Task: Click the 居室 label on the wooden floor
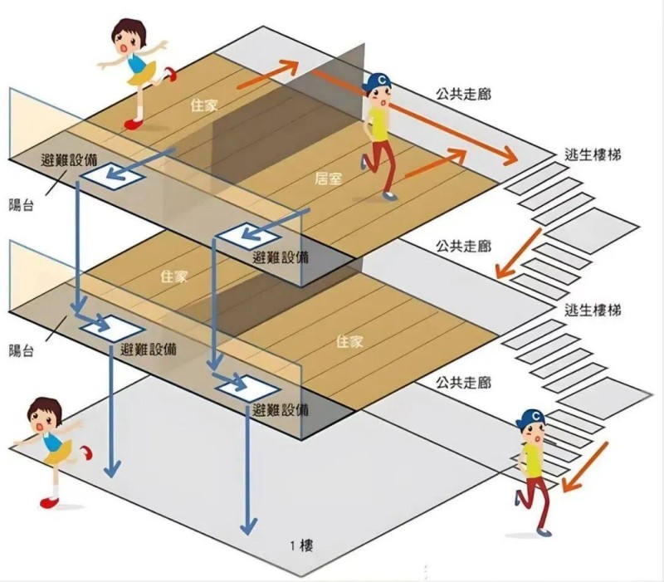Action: click(x=330, y=178)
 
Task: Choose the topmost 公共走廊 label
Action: click(x=462, y=94)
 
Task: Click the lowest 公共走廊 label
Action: click(x=462, y=383)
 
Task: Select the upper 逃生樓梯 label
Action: click(x=592, y=155)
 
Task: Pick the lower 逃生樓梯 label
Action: click(x=592, y=311)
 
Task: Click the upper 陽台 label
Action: click(x=22, y=204)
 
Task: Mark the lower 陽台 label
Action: click(x=22, y=350)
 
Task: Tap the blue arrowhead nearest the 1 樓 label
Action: click(x=247, y=526)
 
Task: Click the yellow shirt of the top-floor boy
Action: click(x=378, y=123)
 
